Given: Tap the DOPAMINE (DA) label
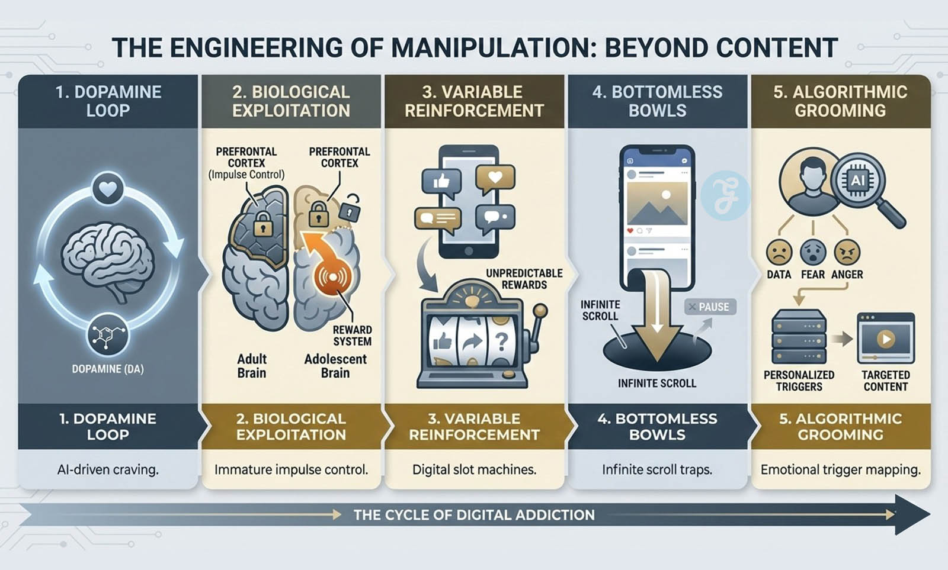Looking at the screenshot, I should point(108,369).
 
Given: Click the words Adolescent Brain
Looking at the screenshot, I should point(335,366).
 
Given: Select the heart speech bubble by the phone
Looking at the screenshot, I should point(495,178).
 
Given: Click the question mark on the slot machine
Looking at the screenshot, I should point(501,342).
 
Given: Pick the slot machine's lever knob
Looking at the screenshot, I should point(540,310).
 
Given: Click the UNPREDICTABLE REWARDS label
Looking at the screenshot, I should point(524,279).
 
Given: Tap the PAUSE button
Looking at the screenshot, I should point(710,307).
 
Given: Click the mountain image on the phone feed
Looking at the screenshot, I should point(657,203).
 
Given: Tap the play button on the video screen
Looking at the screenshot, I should point(886,339).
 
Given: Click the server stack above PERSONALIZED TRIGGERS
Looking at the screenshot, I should point(799,339).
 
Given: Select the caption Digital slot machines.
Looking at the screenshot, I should point(474,470).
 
